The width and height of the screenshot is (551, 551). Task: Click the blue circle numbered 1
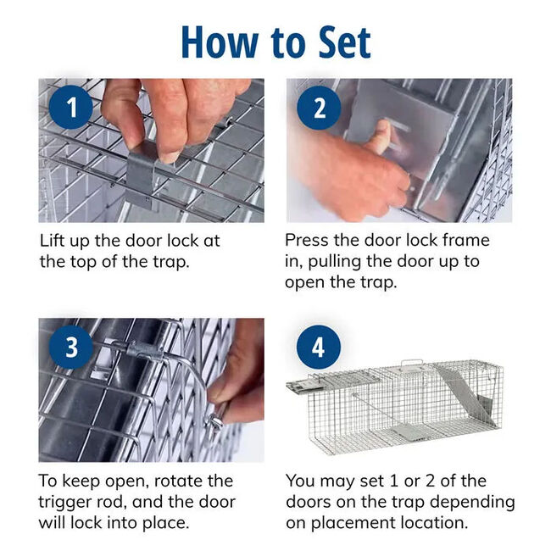pos(72,108)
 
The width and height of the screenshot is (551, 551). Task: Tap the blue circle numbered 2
pos(319,108)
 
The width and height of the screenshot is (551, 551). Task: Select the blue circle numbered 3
pos(72,347)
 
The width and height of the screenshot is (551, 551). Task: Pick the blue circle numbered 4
pos(319,347)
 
